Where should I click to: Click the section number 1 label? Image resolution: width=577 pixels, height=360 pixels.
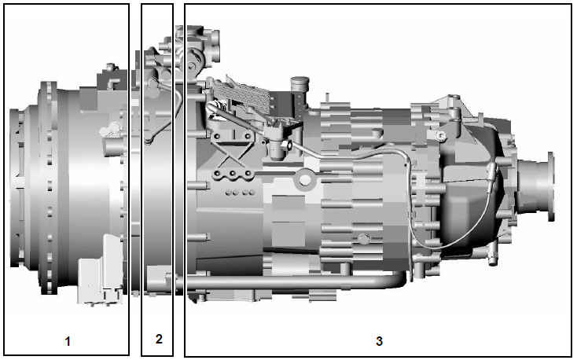point(68,341)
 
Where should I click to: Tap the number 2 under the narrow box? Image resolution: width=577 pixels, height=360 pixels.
point(159,339)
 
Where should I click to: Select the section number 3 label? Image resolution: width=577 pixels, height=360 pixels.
point(379,341)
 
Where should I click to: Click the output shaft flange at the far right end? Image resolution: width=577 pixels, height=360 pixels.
point(550,186)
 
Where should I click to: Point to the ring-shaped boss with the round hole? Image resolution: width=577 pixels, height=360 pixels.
point(304,180)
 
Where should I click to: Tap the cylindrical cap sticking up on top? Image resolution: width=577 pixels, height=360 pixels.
point(300,84)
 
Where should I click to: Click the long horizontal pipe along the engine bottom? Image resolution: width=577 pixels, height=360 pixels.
point(294,283)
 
